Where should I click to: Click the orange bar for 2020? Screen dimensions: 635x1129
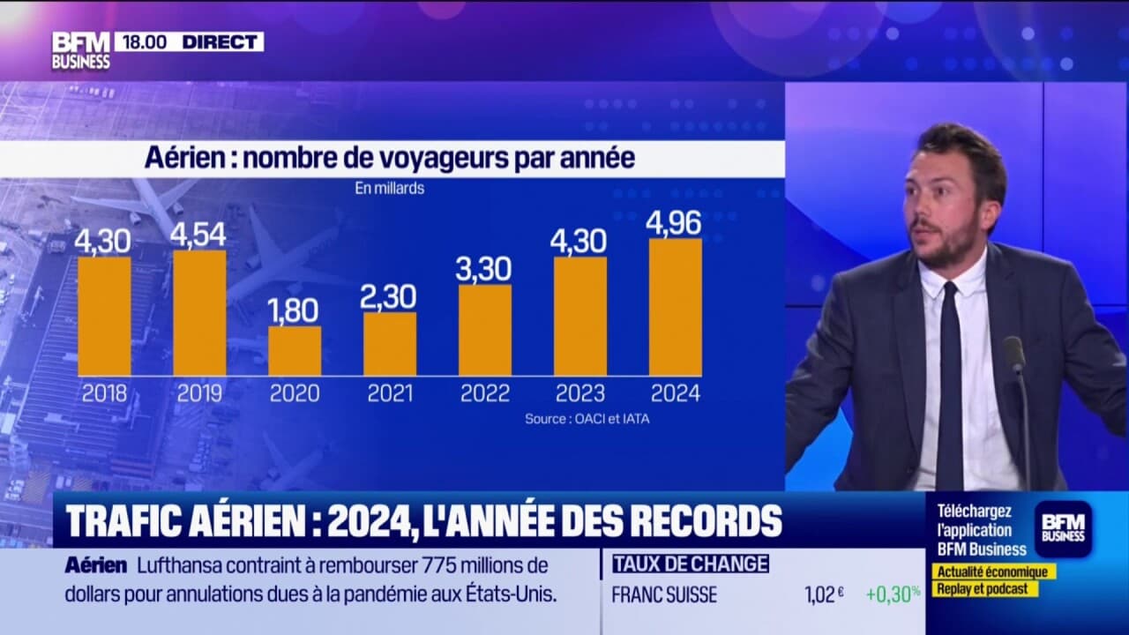(x=295, y=351)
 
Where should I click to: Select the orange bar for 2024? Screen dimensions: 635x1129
(x=676, y=307)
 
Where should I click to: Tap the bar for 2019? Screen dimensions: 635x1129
(x=199, y=313)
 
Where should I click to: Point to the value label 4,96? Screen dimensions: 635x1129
(x=675, y=223)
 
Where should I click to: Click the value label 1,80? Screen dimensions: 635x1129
(x=295, y=310)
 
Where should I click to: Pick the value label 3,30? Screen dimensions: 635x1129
(x=484, y=269)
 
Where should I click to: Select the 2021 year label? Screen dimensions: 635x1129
(x=390, y=393)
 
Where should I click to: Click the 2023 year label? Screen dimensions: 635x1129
(x=579, y=393)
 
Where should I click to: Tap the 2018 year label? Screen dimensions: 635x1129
(x=104, y=393)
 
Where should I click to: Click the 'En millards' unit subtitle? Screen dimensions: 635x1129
(x=389, y=189)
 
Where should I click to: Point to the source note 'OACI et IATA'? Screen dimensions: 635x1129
(x=587, y=419)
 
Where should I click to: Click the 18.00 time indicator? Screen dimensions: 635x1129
(x=145, y=41)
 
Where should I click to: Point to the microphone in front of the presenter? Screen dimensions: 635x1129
(x=1014, y=355)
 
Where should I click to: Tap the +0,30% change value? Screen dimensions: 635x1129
(x=893, y=594)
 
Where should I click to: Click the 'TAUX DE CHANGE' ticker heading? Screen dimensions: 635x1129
(x=690, y=564)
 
